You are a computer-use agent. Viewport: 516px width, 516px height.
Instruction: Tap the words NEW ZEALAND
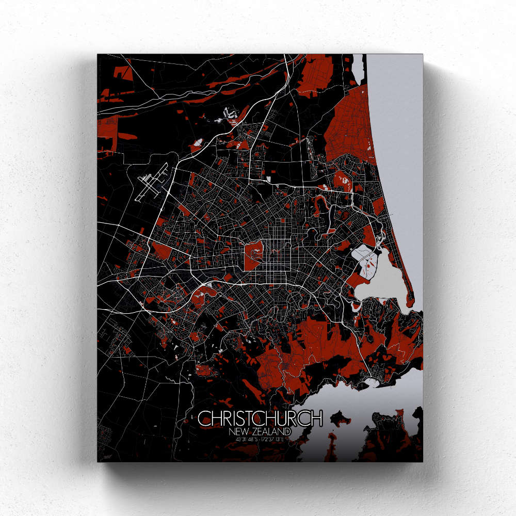click(x=261, y=431)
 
